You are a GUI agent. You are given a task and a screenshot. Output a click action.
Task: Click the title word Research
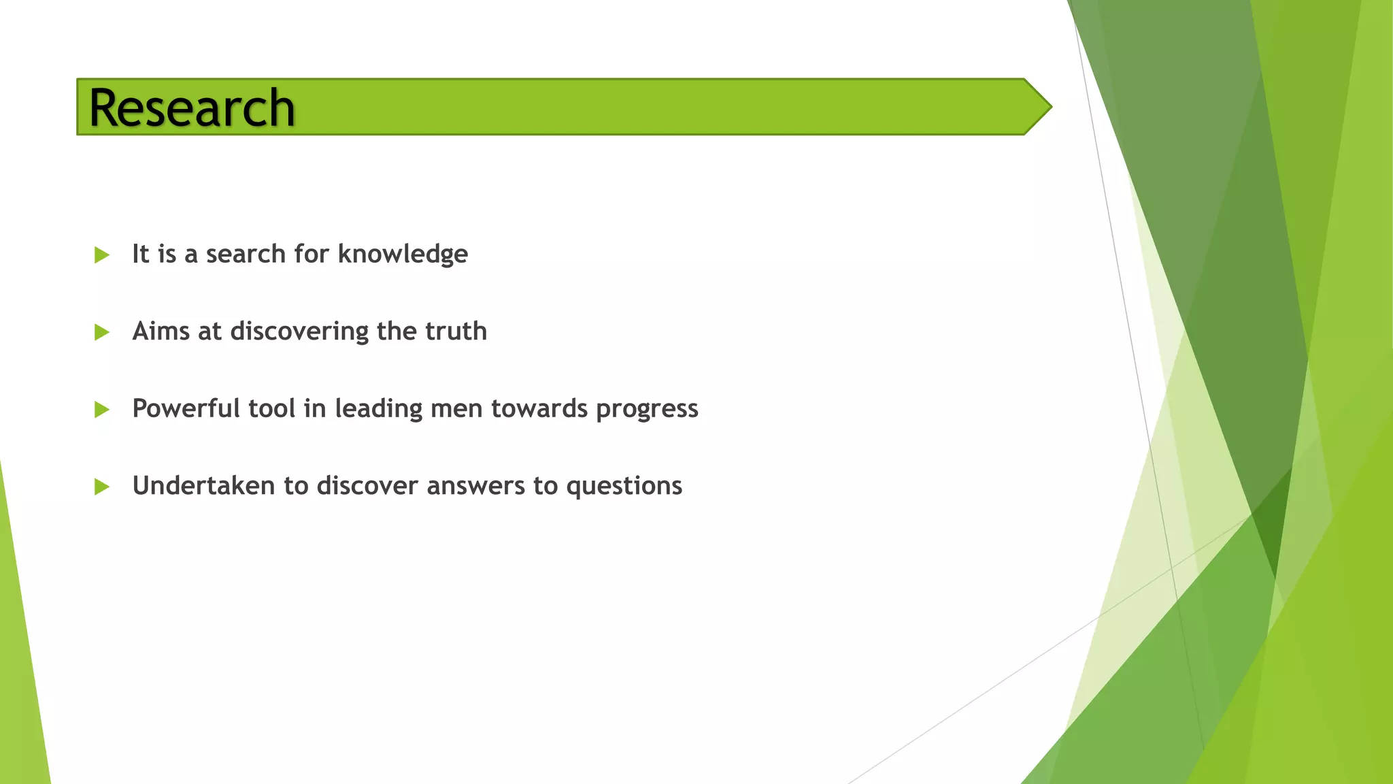coord(192,108)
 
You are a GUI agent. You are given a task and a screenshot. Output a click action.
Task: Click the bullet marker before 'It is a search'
coord(102,255)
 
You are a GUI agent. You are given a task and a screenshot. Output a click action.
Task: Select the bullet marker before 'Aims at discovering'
coord(102,332)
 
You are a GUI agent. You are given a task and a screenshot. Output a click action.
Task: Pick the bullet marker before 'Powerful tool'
coord(102,410)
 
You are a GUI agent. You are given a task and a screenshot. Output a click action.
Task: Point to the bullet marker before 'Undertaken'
coord(102,487)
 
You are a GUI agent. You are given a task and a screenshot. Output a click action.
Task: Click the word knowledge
coord(403,255)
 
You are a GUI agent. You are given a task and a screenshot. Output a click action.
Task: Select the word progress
coord(647,409)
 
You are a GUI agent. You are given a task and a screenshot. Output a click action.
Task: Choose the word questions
coord(624,486)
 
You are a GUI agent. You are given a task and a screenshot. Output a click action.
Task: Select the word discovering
coord(299,331)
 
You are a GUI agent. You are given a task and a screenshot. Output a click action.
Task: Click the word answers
coord(476,486)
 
